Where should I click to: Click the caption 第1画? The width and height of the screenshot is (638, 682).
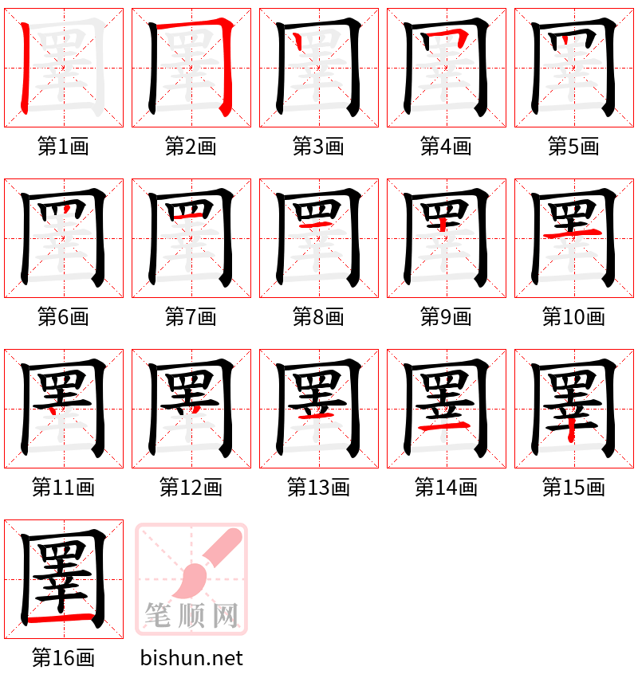(63, 147)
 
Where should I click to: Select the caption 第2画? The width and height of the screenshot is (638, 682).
(191, 147)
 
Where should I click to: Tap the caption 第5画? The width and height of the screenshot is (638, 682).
(573, 147)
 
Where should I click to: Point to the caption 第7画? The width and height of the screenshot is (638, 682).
(191, 317)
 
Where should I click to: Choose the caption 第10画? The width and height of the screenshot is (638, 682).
(573, 317)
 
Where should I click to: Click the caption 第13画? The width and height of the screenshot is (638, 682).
(318, 488)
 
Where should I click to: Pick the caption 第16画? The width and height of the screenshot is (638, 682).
(63, 658)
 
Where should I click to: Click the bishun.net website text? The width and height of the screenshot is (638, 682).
(191, 658)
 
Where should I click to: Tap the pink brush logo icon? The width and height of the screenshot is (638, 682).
(191, 578)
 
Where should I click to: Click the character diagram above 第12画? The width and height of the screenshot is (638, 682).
(191, 408)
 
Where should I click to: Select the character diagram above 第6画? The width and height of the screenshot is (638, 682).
(64, 237)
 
